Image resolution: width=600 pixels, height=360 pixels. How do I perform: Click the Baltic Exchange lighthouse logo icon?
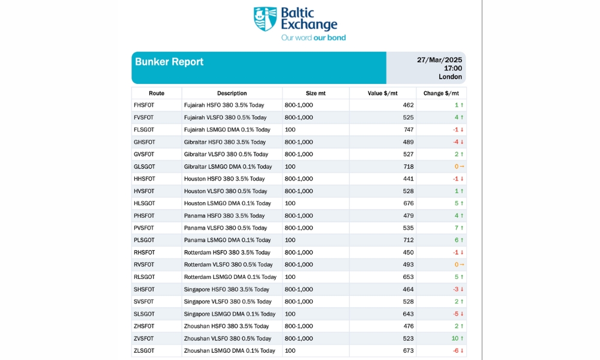click(265, 19)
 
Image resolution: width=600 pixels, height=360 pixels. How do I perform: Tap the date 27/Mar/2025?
click(439, 60)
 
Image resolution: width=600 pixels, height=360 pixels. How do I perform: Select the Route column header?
click(157, 93)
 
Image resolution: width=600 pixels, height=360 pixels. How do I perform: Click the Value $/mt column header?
click(382, 93)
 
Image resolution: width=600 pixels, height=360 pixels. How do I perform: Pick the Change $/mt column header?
click(441, 93)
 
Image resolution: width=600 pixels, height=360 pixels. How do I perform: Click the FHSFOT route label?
click(145, 105)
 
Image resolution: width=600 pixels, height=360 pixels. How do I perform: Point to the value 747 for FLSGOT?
click(408, 130)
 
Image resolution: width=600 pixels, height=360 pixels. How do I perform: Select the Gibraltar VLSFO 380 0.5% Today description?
click(226, 154)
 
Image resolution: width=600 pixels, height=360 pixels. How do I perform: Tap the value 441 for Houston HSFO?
click(408, 179)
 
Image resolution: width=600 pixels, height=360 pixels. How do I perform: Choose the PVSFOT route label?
click(145, 228)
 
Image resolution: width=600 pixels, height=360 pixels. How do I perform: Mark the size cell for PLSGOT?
click(291, 240)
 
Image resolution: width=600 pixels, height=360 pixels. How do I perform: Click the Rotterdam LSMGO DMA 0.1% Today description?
click(230, 277)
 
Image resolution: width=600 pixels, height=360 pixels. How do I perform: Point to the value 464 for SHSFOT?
click(408, 289)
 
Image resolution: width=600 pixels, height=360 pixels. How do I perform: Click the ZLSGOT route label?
click(145, 350)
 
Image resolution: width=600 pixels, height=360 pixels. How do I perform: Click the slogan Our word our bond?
click(313, 38)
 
